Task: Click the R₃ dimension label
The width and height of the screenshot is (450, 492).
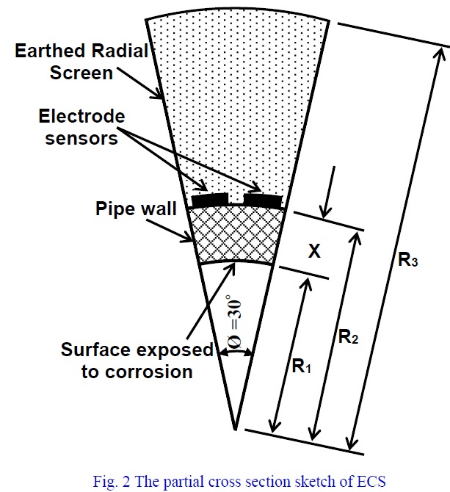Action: tap(409, 258)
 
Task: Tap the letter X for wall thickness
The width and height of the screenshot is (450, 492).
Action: tap(313, 251)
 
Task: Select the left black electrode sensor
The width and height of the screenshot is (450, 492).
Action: tap(210, 199)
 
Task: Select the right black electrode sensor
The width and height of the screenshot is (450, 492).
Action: tap(262, 199)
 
